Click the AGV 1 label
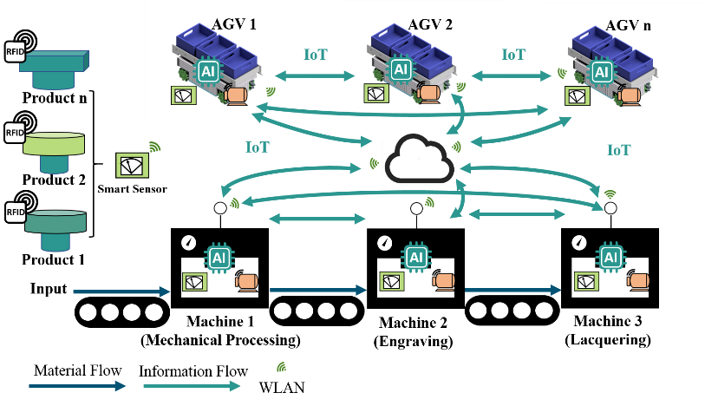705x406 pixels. [234, 24]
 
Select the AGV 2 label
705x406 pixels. [430, 24]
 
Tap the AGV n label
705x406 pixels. [629, 25]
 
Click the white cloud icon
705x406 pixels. [420, 158]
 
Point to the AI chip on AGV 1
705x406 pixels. [208, 71]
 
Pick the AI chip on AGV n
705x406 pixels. [600, 71]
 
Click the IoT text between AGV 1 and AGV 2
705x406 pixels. [316, 55]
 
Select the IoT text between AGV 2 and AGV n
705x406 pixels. [513, 55]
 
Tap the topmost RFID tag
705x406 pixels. [16, 51]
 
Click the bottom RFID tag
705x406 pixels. [16, 212]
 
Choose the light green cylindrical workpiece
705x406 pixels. [54, 143]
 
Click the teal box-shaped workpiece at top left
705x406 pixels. [54, 61]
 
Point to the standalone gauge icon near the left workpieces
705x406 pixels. [132, 165]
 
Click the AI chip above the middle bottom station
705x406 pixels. [416, 257]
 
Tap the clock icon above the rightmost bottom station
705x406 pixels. [579, 242]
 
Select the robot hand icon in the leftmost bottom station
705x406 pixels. [246, 281]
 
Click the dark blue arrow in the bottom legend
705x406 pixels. [77, 386]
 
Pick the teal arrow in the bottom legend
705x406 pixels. [191, 386]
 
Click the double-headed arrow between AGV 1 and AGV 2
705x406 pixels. [315, 76]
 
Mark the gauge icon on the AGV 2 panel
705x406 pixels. [375, 93]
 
